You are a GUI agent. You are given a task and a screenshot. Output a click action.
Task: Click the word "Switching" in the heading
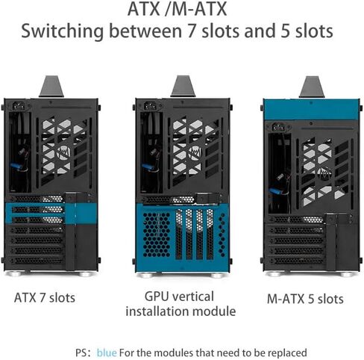click(x=63, y=31)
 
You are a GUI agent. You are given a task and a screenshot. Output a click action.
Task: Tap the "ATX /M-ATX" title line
click(x=177, y=9)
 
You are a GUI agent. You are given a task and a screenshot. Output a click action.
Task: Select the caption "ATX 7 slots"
click(x=45, y=298)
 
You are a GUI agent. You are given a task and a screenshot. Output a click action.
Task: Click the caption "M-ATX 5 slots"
click(x=305, y=299)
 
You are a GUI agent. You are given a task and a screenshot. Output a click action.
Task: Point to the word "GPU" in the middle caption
click(x=156, y=297)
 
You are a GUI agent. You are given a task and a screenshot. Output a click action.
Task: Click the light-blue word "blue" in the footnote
click(x=107, y=353)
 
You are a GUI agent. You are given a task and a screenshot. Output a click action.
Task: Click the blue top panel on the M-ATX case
click(x=311, y=109)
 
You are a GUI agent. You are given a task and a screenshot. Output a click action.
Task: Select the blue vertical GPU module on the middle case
click(x=182, y=238)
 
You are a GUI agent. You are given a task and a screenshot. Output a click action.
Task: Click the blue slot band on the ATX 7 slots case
click(x=51, y=214)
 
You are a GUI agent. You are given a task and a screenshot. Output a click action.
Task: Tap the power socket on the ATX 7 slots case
click(x=19, y=106)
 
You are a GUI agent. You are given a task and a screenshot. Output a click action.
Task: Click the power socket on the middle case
click(x=150, y=106)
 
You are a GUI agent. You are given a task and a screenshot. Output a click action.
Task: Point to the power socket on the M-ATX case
click(x=278, y=128)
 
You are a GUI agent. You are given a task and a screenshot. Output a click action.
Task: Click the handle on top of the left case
click(x=51, y=87)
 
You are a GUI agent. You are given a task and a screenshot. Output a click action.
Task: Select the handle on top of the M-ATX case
click(x=311, y=87)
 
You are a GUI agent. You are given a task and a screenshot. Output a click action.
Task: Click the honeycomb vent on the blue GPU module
click(x=157, y=235)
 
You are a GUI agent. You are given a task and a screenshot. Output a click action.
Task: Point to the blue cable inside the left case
click(x=16, y=166)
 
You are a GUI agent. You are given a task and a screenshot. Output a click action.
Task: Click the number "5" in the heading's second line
click(x=285, y=31)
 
